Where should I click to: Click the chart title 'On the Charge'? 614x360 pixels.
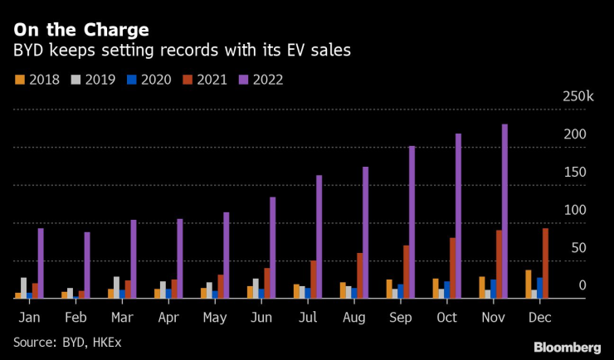point(81,30)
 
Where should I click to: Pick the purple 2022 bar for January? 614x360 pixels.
point(41,263)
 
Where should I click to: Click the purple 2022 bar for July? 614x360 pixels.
point(319,236)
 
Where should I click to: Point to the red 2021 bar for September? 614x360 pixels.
point(406,271)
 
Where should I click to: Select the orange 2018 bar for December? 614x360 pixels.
point(528,284)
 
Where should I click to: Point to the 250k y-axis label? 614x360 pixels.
point(577,97)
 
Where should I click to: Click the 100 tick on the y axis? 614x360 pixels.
point(575,211)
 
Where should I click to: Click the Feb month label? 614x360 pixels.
point(74,317)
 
